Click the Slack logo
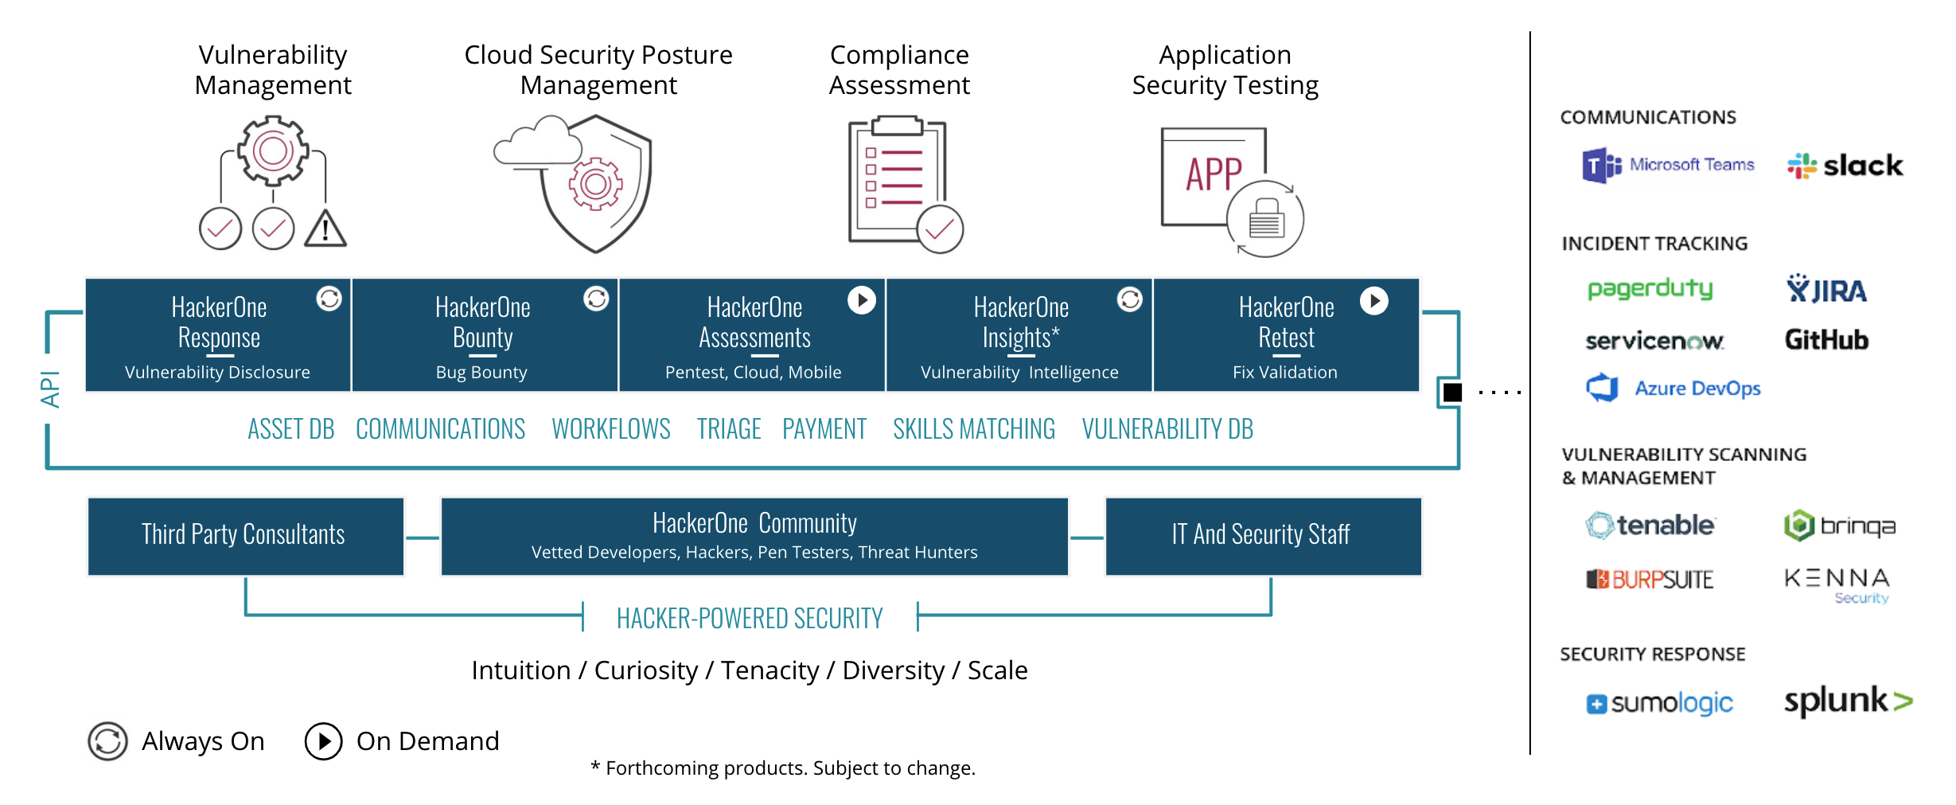(x=1845, y=166)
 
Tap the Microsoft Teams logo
(x=1668, y=165)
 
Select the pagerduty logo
(x=1650, y=288)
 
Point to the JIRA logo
(x=1826, y=290)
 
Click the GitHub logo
(x=1826, y=340)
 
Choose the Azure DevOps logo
(x=1674, y=388)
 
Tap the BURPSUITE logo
(x=1650, y=579)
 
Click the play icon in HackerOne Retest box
(x=1373, y=300)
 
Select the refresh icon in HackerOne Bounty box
(x=596, y=299)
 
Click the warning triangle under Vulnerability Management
(x=325, y=229)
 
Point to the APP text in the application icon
(x=1214, y=174)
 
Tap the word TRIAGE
(x=729, y=429)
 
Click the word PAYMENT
(x=824, y=429)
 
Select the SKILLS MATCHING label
(x=973, y=429)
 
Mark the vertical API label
(x=49, y=389)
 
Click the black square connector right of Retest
(x=1452, y=392)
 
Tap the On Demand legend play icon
(x=323, y=741)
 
